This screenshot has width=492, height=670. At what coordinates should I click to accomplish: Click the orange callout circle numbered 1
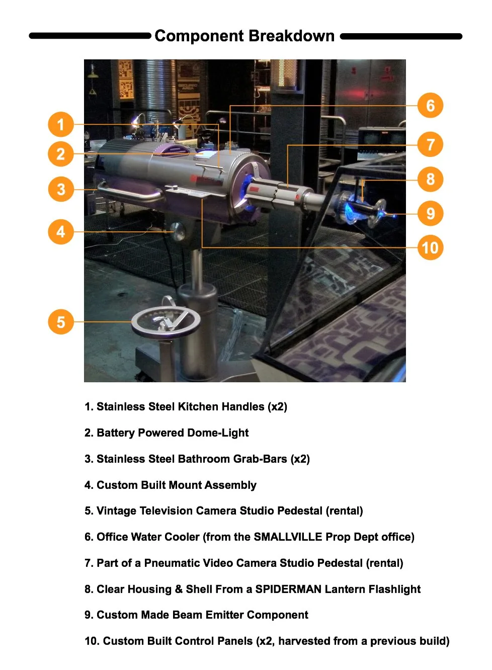click(61, 124)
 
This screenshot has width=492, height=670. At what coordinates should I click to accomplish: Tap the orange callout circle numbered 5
click(61, 322)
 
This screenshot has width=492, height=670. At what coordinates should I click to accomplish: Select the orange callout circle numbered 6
click(430, 105)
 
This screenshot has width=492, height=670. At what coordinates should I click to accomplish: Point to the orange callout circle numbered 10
click(430, 247)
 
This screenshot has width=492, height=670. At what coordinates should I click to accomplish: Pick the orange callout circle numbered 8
click(430, 179)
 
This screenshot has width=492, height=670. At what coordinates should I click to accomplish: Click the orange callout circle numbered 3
click(61, 189)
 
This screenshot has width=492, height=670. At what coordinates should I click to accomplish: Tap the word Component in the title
click(199, 37)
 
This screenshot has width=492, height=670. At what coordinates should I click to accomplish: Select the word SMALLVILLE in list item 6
click(288, 537)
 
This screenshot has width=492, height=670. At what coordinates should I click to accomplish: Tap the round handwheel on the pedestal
click(166, 322)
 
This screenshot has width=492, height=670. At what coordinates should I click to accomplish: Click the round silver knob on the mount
click(178, 231)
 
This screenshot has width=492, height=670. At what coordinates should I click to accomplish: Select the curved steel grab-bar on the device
click(130, 192)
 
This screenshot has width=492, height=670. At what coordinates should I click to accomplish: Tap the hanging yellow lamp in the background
click(93, 73)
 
